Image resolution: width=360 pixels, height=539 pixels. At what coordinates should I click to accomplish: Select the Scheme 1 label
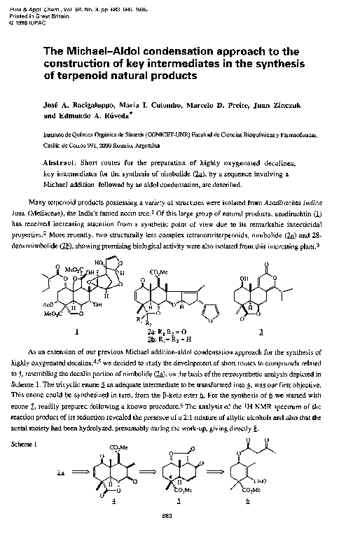[x=27, y=425]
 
